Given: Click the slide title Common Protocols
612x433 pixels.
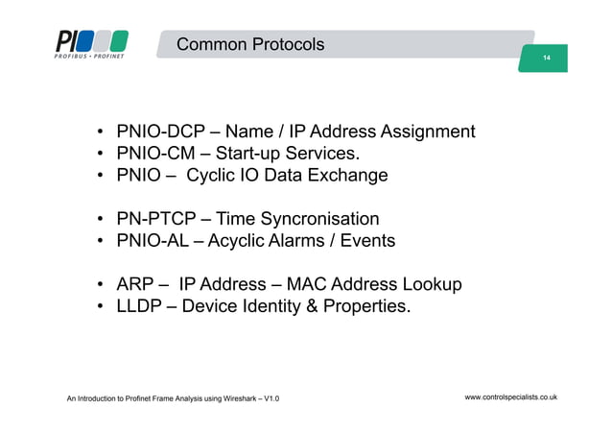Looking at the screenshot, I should tap(250, 45).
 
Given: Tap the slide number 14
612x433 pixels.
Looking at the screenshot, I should tap(545, 60).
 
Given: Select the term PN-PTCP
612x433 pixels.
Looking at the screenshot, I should tap(153, 220).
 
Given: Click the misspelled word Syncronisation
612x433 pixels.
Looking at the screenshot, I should tap(318, 220).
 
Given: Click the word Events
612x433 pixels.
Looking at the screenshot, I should tap(367, 241).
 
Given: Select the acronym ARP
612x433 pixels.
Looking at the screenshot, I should tap(135, 285).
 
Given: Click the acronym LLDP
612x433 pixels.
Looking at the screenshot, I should tap(140, 307).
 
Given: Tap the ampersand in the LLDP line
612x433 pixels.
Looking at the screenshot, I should tap(317, 307).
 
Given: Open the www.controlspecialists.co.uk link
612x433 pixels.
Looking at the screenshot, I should tap(511, 397).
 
